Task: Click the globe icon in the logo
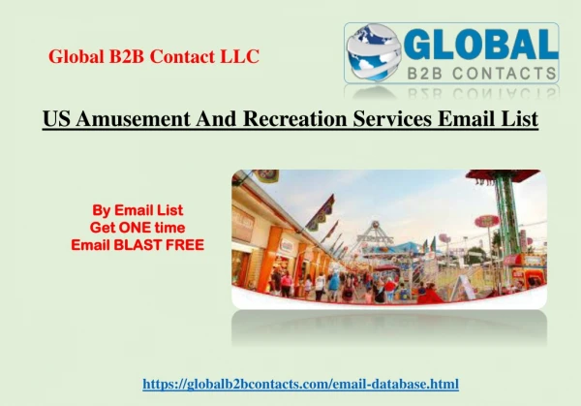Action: point(374,52)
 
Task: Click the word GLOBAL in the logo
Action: point(480,44)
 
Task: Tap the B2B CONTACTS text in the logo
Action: point(481,73)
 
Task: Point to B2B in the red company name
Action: point(126,56)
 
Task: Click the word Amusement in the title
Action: point(133,118)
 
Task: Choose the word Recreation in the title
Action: point(295,118)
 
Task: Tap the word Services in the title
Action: point(392,118)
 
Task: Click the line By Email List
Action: point(138,210)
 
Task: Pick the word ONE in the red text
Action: point(133,228)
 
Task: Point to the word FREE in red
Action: point(185,245)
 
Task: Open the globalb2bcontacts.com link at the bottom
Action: point(300,384)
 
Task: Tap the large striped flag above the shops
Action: point(321,213)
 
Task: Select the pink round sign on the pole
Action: point(487,221)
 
